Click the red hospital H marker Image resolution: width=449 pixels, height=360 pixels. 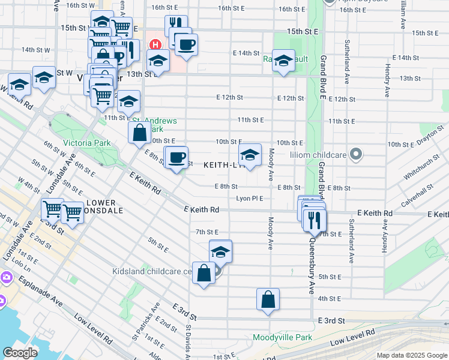click(155, 44)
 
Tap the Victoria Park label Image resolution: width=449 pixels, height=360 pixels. click(87, 143)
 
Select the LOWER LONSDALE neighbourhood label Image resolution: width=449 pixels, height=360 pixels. click(105, 207)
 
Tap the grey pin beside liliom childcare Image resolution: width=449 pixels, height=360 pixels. click(356, 154)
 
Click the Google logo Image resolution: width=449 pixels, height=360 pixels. click(20, 353)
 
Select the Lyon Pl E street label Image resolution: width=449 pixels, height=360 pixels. click(250, 198)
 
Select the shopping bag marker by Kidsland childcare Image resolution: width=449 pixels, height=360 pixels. click(203, 273)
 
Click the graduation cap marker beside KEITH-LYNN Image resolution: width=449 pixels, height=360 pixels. click(250, 155)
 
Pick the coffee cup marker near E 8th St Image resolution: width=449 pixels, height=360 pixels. click(176, 158)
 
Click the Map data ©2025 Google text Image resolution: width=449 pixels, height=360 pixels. click(411, 355)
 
